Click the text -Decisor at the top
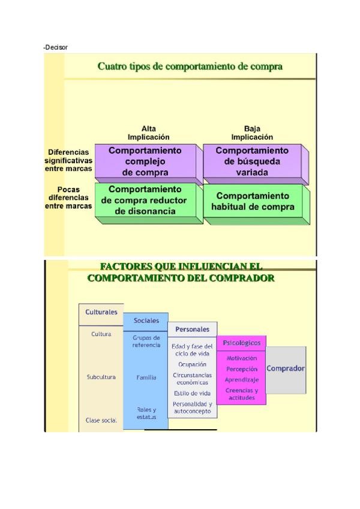pos(56,47)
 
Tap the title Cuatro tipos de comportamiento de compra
pos(190,66)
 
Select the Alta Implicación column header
pos(148,133)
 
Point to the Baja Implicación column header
pos(252,133)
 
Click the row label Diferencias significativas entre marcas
pos(68,160)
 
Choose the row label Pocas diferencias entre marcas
pos(68,198)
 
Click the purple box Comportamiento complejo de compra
pos(145,161)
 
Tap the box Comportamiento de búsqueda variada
pos(252,161)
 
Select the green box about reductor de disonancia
pos(145,200)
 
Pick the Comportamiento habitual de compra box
pos(253,201)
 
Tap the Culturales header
pos(101,312)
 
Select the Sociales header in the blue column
pos(146,321)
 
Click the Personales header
pos(192,329)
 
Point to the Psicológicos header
pos(241,343)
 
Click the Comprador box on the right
pos(286,369)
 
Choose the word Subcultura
pos(101,377)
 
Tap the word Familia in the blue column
pos(146,378)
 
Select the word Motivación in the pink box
pos(241,358)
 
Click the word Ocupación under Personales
pos(192,364)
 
